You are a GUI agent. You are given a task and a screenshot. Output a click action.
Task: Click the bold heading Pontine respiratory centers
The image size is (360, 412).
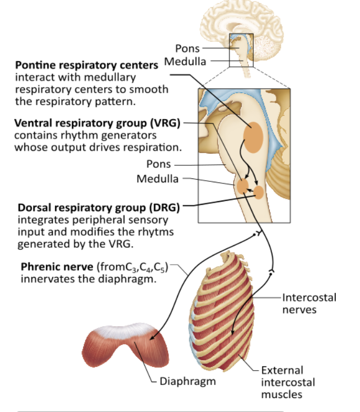click(86, 66)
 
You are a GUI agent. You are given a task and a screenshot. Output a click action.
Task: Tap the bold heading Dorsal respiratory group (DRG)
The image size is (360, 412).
click(99, 209)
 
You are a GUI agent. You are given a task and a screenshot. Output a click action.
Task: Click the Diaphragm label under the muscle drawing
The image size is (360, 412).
click(188, 381)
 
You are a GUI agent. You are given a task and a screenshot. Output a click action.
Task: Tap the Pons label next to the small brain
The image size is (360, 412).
click(187, 49)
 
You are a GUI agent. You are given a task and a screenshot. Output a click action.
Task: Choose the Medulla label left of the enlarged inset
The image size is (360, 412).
click(157, 179)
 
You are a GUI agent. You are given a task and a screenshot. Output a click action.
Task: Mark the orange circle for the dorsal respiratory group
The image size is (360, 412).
click(259, 193)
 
